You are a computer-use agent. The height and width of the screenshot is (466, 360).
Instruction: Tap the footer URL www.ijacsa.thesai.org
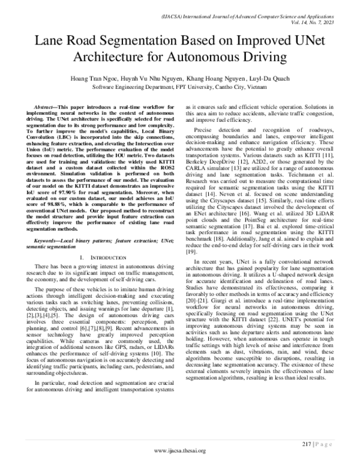(180, 450)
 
